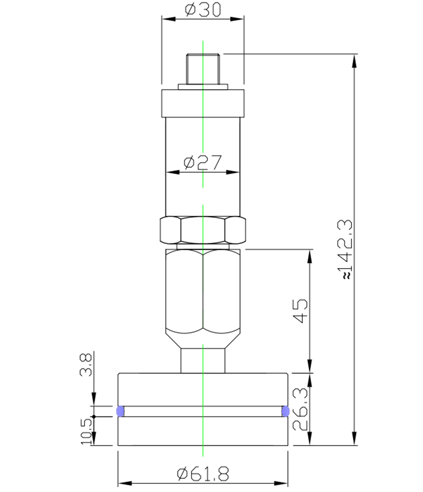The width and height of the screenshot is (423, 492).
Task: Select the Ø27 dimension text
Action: coord(203,162)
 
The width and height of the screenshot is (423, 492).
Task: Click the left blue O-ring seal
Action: coord(120,411)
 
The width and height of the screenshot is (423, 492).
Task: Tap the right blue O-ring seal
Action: coord(286,411)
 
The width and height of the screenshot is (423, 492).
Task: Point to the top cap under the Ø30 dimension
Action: coord(203,103)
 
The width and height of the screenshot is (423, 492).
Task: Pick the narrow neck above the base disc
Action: coord(203,360)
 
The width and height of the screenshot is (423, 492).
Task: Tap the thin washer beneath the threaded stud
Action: coord(203,87)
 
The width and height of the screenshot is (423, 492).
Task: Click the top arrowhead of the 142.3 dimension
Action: coord(354,59)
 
